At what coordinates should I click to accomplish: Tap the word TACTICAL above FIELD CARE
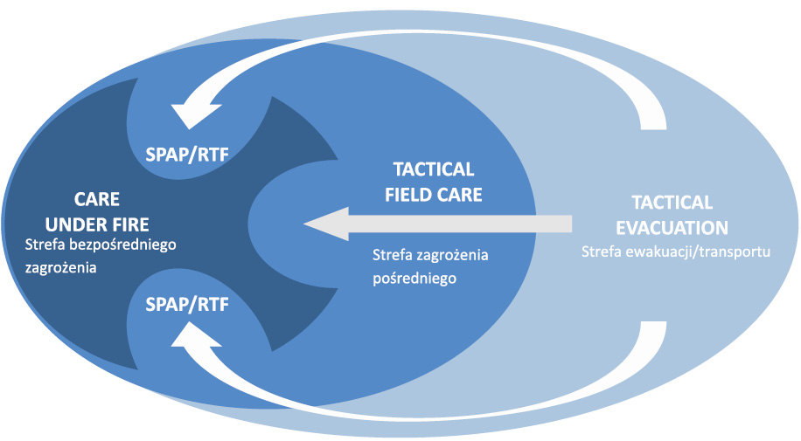point(434,169)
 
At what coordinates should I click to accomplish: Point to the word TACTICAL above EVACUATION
point(672,203)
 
